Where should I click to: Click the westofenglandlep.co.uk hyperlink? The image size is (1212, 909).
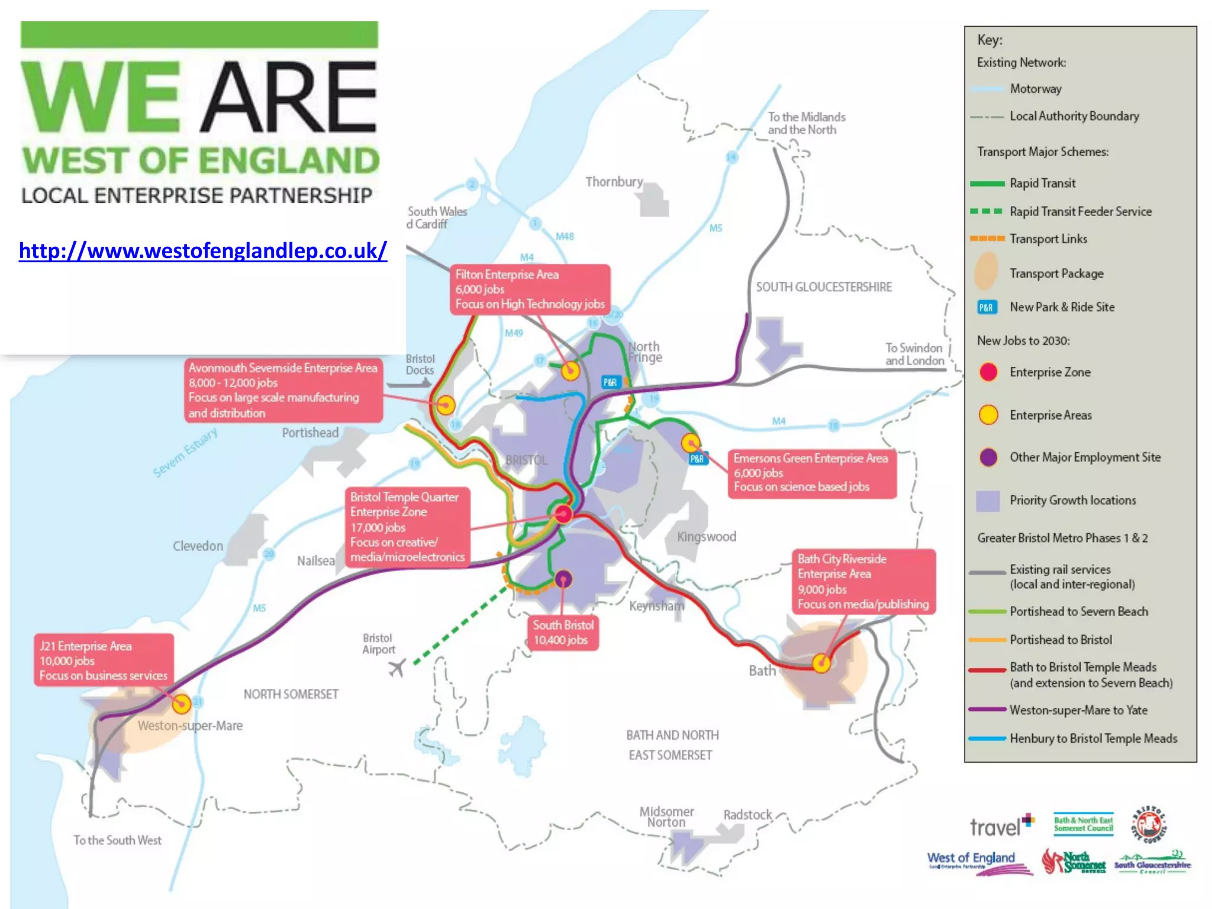coord(202,251)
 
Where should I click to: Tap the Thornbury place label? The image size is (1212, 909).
coord(614,182)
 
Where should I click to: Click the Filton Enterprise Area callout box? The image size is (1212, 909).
coord(530,289)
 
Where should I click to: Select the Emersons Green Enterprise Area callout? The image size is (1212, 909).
coord(811,472)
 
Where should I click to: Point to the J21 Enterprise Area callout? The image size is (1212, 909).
coord(104,660)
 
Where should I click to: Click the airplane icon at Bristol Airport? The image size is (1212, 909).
coord(397,668)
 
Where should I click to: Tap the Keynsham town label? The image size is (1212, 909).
coord(656,606)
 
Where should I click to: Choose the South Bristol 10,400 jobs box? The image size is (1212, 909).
coord(562,633)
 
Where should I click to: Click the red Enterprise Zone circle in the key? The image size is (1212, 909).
coord(988,372)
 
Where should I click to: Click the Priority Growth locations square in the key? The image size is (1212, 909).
coord(988,501)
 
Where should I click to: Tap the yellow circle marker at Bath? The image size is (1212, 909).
coord(821,663)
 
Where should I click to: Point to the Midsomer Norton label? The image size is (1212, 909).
coord(666,817)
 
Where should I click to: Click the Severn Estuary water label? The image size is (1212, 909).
coord(185,453)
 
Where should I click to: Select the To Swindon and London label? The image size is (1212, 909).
coord(914,354)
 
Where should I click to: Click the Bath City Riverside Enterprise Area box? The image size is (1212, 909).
coord(863,581)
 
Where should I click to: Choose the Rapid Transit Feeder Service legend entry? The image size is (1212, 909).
coord(1080,211)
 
